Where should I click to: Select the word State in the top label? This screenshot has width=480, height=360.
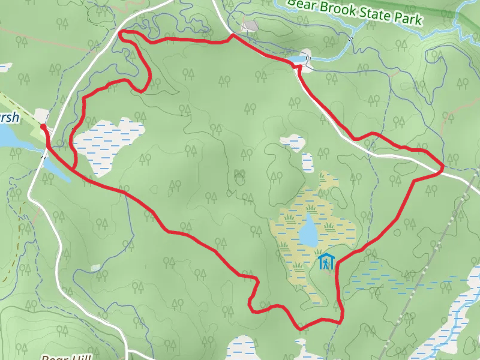click(x=377, y=15)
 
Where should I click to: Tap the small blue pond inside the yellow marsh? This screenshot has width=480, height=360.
click(x=308, y=231)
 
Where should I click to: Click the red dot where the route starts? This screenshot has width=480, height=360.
click(x=43, y=126)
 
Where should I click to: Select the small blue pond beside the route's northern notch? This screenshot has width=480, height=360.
click(x=298, y=59)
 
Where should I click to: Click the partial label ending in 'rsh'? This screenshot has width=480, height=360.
click(x=9, y=118)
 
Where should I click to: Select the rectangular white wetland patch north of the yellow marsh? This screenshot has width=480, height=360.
click(x=307, y=162)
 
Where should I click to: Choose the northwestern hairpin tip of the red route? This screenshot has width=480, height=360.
click(x=120, y=34)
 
